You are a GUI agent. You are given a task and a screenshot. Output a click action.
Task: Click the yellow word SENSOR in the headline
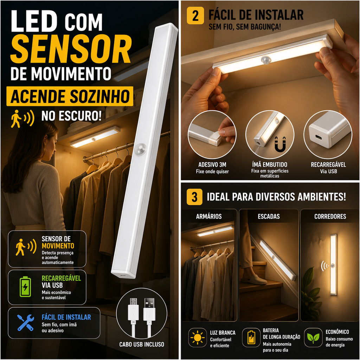coord(71,49)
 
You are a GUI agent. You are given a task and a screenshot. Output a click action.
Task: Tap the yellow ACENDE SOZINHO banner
coord(70,96)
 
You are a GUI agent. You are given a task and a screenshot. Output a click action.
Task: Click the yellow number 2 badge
coord(195,15)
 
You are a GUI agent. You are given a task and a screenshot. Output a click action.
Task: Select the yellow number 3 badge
coord(194,197)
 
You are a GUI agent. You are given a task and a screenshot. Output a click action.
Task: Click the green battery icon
coord(25,287)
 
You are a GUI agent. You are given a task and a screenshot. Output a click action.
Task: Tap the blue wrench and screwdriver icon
coord(26,323)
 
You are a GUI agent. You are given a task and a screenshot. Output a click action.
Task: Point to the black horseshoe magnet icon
coord(280,144)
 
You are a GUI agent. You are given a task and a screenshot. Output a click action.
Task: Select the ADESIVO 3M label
coord(212,165)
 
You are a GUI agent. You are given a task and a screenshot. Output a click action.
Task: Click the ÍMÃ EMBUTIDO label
coord(270,165)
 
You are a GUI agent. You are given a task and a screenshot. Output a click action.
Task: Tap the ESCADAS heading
coord(269,216)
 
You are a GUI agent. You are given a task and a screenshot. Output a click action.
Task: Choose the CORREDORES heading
coord(330,216)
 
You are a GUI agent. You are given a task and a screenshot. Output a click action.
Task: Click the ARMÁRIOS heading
coord(209,216)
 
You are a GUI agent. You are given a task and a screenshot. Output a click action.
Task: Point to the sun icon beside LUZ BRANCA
coord(198,337)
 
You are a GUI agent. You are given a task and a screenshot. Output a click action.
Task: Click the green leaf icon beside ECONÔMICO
coord(313,337)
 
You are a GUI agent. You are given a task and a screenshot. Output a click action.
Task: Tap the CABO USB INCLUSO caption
coord(142,345)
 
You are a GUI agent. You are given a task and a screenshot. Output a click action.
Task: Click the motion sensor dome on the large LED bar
coord(140,149)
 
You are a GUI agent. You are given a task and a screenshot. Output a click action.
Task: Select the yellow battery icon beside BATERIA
coord(251,337)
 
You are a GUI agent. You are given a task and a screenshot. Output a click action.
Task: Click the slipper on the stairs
coord(253,279)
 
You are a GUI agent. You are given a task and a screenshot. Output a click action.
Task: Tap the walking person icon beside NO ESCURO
coord(16,119)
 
